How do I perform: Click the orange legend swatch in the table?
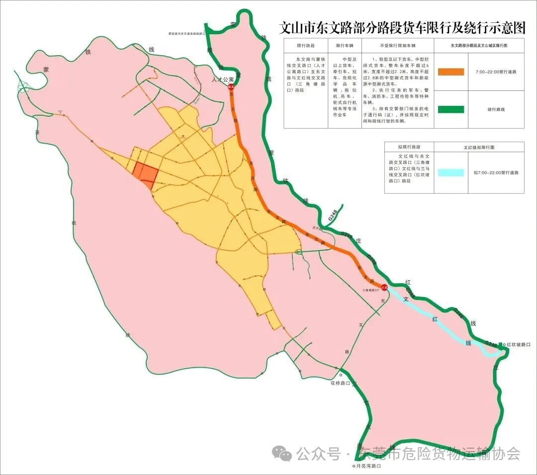pyautogui.click(x=450, y=72)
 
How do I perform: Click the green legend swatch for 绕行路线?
pyautogui.click(x=450, y=109)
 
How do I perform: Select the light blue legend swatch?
pyautogui.click(x=450, y=172)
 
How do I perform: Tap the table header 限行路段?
pyautogui.click(x=306, y=45)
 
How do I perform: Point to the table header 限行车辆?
pyautogui.click(x=345, y=45)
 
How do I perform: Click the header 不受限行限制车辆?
pyautogui.click(x=397, y=45)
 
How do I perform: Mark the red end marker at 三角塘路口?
pyautogui.click(x=384, y=287)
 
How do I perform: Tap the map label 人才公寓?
pyautogui.click(x=223, y=79)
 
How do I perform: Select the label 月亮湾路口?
pyautogui.click(x=368, y=466)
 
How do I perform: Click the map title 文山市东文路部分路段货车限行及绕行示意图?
pyautogui.click(x=402, y=28)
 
